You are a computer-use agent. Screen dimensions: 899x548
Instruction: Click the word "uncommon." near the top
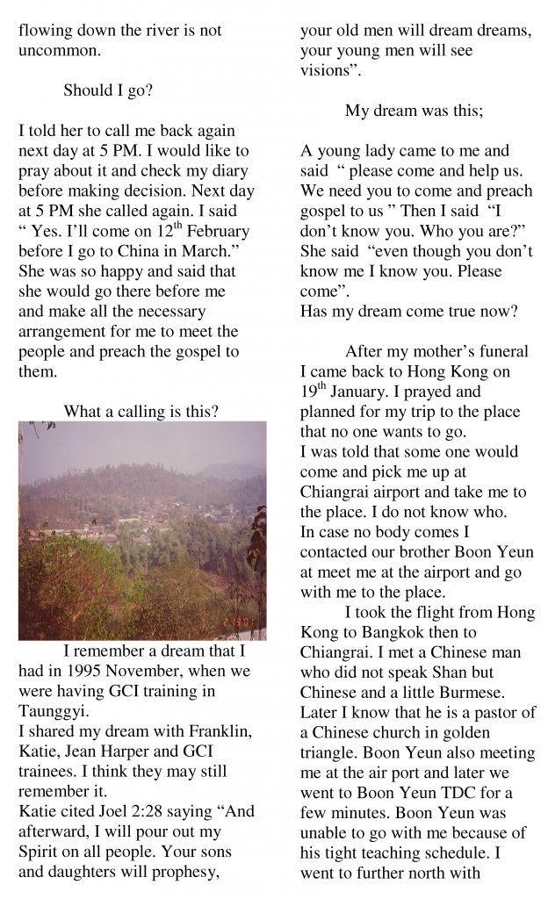pos(59,51)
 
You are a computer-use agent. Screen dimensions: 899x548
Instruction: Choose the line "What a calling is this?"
pos(141,411)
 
